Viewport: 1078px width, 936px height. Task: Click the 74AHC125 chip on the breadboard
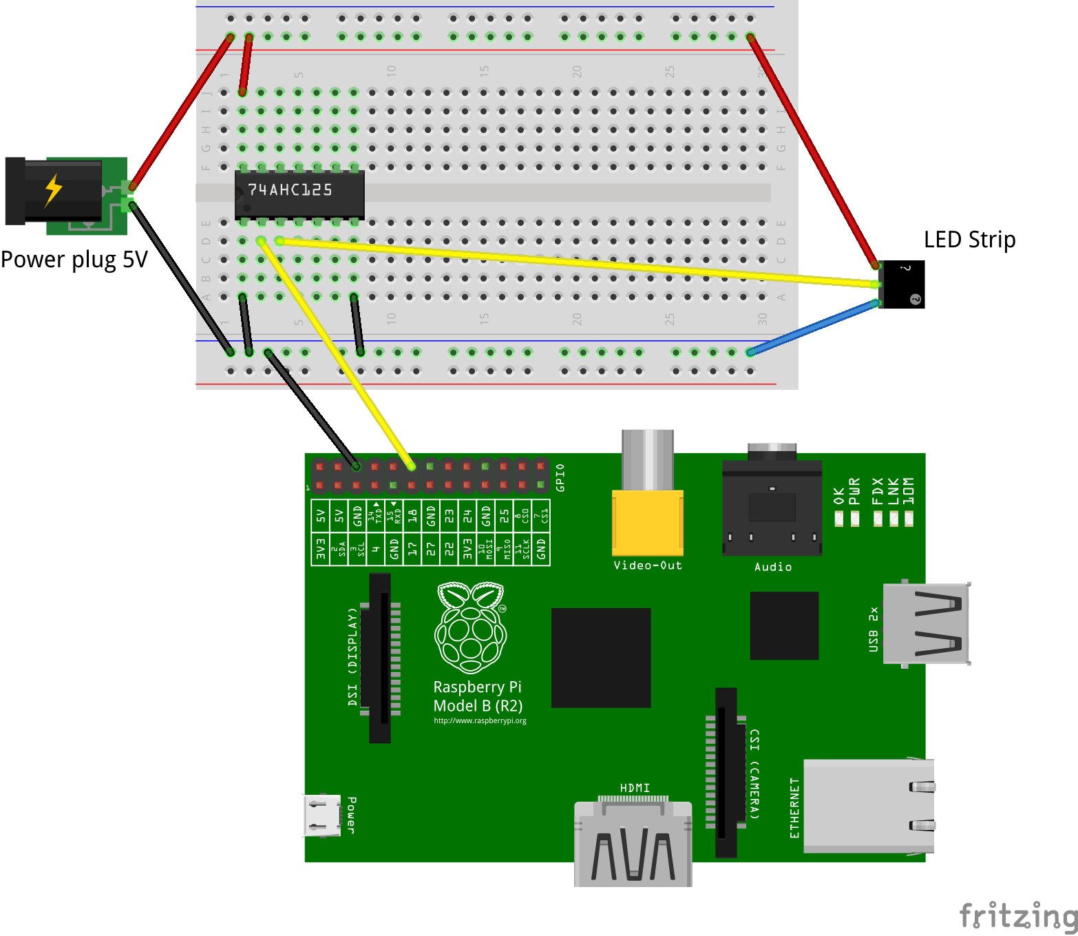299,193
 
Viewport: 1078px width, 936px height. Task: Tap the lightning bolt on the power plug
53,190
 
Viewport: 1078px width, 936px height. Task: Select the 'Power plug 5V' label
74,260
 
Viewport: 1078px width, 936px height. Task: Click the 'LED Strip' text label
969,240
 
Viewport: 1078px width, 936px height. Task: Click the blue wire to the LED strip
812,327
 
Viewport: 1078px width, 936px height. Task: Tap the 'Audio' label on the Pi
772,567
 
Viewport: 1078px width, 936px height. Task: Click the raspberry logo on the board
471,627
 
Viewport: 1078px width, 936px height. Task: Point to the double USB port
927,623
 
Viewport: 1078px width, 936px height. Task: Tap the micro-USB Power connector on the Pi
322,815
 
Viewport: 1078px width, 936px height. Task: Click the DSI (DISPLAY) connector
379,658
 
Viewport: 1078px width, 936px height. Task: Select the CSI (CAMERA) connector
726,771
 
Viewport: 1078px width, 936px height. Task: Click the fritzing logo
1017,916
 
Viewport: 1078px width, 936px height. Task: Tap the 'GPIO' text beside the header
560,477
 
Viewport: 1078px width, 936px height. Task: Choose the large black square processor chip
601,658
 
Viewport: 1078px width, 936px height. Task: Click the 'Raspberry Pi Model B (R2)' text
478,696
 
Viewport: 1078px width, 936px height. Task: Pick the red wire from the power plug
180,110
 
